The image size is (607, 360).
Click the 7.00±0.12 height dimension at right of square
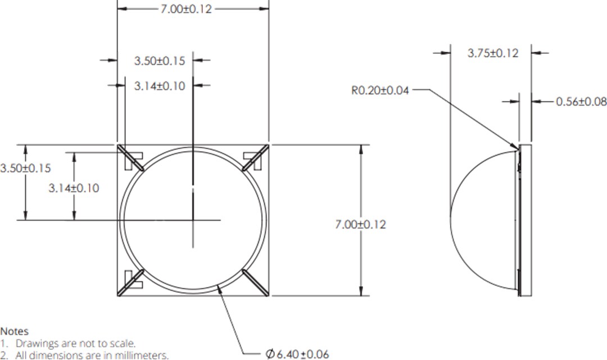coord(360,224)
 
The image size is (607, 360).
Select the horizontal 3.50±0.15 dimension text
coord(159,61)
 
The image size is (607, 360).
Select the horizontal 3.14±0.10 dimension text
coord(159,86)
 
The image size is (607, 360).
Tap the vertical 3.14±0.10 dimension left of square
coord(74,188)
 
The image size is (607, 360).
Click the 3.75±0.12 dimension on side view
coord(492,53)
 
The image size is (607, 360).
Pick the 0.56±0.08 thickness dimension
coord(581,102)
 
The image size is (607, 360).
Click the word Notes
coord(14,331)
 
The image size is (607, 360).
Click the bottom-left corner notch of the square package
coord(132,281)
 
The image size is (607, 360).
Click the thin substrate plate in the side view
coord(526,219)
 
